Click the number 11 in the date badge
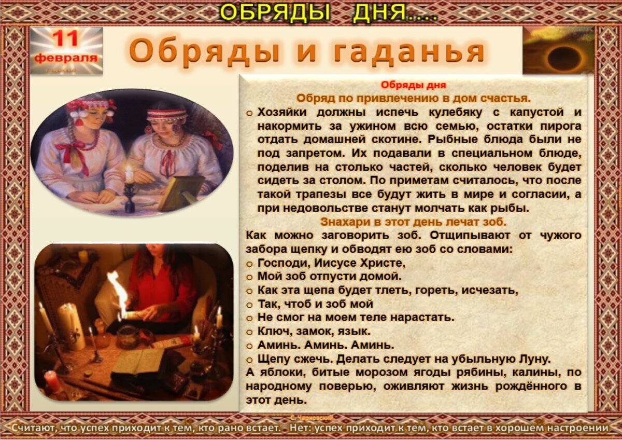(x=66, y=39)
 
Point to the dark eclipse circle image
(x=563, y=58)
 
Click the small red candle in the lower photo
(x=52, y=381)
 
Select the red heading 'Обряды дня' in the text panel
(x=413, y=85)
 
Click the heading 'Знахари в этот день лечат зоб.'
(x=413, y=222)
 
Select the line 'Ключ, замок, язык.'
(x=314, y=331)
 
